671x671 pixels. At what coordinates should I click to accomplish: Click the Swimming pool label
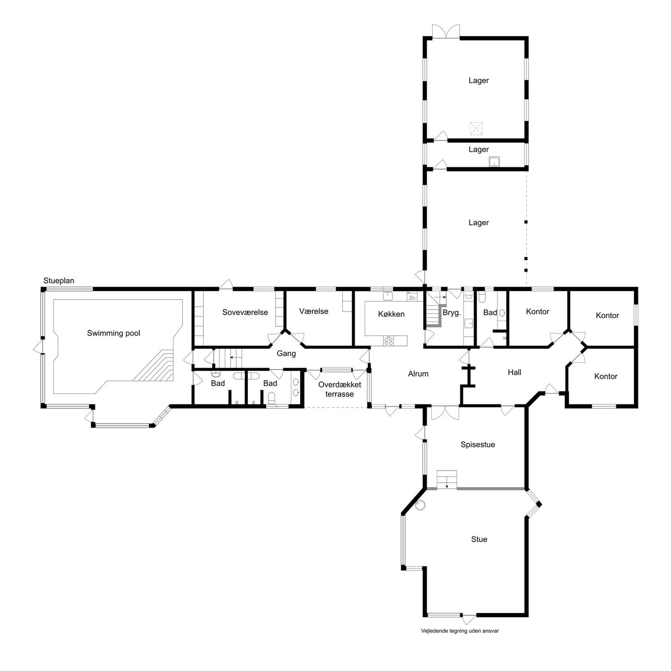point(114,333)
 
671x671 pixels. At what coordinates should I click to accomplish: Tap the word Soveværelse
point(245,312)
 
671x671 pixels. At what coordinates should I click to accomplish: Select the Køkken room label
point(391,314)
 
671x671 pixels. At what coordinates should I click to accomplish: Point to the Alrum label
point(418,374)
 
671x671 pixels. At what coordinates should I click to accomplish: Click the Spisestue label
point(477,445)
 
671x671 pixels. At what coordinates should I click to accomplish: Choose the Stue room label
point(479,539)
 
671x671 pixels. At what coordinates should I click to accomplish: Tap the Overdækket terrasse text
point(339,389)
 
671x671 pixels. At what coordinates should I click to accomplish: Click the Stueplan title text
point(58,281)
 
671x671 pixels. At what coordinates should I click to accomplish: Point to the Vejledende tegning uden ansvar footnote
point(460,640)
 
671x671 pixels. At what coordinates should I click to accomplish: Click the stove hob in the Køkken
point(388,341)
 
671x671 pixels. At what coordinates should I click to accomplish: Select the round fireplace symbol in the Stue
point(421,505)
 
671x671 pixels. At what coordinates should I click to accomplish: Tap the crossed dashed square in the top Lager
point(476,128)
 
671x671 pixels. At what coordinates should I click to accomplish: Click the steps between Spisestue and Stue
point(447,480)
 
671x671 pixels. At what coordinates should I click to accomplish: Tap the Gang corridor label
point(286,353)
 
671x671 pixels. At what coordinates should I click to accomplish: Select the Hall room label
point(514,372)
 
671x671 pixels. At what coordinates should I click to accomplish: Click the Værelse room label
point(313,312)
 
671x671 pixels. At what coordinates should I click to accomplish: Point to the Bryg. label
point(451,312)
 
